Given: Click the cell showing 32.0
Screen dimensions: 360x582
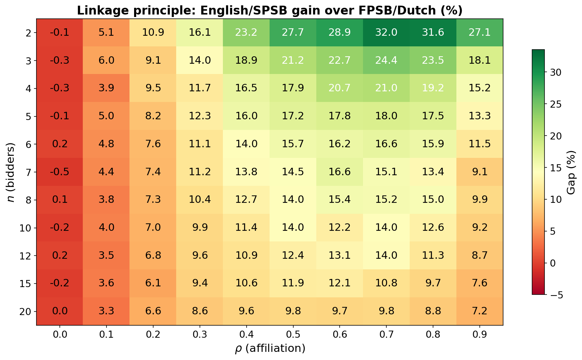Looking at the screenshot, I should pos(386,33).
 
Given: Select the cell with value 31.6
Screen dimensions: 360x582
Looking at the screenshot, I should pos(433,33).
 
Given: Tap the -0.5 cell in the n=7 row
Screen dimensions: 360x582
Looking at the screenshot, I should pos(60,172).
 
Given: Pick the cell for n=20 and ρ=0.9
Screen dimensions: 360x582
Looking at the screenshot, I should pos(479,312).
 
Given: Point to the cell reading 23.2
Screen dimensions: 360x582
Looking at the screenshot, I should pos(246,33).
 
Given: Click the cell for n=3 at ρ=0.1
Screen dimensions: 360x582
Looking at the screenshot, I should pos(106,61).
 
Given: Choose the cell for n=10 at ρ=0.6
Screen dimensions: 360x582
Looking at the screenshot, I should pos(339,228).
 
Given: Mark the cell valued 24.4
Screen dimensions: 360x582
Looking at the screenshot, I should pos(386,61).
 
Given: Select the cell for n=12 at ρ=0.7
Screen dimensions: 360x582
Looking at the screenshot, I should pos(386,256).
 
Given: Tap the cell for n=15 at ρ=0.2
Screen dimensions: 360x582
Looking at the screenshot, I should pos(153,284).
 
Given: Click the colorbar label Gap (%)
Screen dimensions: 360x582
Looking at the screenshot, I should pos(571,172).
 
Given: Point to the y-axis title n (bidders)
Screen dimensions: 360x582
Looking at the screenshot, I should pos(11,172).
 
